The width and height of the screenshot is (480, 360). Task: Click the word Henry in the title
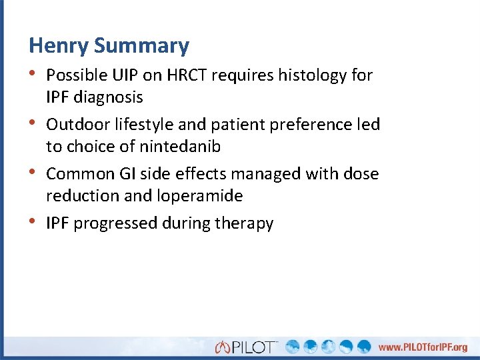click(59, 46)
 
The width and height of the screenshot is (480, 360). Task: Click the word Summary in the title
click(141, 46)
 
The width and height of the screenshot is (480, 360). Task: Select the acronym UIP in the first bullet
click(125, 75)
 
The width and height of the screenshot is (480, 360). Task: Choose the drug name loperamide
click(201, 196)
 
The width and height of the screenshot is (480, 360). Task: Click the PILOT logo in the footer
click(247, 347)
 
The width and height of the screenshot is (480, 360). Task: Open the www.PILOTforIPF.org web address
click(423, 347)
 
